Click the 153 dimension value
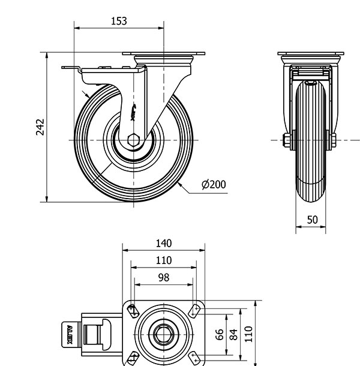(119, 21)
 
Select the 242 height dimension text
(40, 127)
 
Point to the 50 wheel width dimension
(312, 220)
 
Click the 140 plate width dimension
(164, 243)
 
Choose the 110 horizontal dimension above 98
(164, 260)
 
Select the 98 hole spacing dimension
(164, 277)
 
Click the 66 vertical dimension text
(220, 334)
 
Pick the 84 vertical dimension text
(235, 334)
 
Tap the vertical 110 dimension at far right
(248, 334)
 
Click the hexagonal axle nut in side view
(134, 140)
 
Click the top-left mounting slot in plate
(133, 310)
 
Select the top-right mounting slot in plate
(194, 310)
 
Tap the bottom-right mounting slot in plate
(194, 358)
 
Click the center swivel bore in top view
(164, 334)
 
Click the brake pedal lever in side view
(72, 68)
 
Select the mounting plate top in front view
(311, 55)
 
